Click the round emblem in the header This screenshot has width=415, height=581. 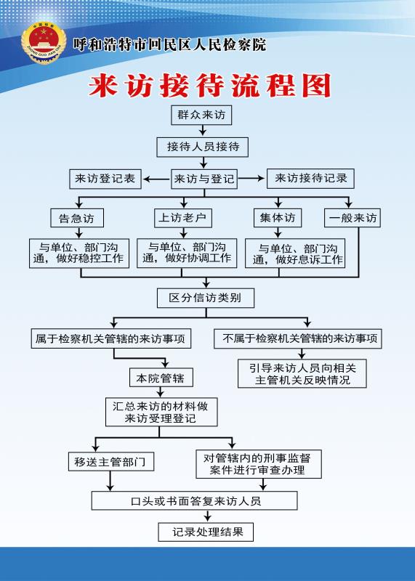click(44, 44)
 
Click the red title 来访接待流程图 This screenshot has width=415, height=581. click(209, 86)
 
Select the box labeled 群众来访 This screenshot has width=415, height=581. click(201, 115)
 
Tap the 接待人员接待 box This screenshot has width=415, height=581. click(203, 147)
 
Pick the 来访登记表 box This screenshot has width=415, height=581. click(105, 179)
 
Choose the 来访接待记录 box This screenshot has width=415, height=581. click(310, 179)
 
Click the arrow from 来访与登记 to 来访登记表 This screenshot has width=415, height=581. click(156, 179)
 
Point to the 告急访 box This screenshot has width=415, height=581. click(77, 218)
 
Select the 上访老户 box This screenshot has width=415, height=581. click(183, 218)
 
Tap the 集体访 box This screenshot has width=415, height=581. click(278, 218)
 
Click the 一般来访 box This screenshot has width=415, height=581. click(352, 218)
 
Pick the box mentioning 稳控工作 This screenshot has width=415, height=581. click(79, 253)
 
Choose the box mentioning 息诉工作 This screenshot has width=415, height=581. click(295, 253)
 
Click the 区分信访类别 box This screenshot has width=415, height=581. click(206, 298)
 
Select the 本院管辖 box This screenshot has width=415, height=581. click(161, 378)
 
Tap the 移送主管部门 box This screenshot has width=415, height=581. click(111, 461)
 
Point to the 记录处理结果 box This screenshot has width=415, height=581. click(206, 532)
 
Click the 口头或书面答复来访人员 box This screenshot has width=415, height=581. click(194, 500)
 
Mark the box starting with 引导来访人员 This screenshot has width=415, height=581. click(302, 373)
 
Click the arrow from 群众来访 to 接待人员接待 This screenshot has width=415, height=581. click(203, 131)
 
